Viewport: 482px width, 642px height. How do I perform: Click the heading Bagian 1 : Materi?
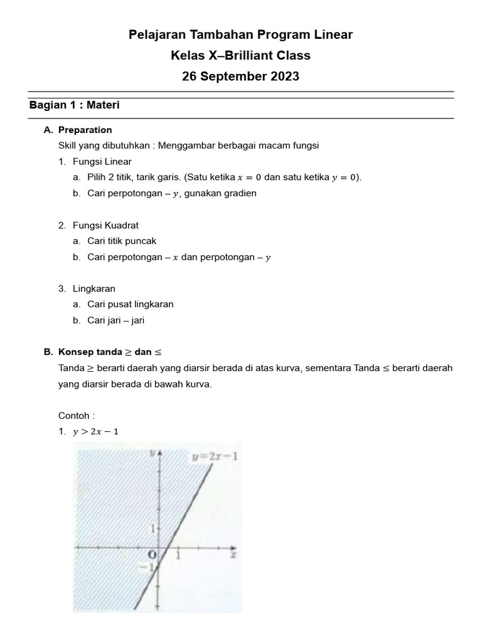(74, 105)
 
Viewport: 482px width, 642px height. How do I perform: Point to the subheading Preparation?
(85, 130)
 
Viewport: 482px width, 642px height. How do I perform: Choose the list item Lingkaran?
(94, 289)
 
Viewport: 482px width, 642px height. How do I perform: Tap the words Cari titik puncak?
(122, 241)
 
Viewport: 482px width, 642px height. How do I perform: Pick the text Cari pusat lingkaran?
(131, 304)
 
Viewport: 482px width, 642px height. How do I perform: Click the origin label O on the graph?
(151, 555)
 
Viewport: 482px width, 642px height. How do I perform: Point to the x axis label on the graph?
(232, 554)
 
